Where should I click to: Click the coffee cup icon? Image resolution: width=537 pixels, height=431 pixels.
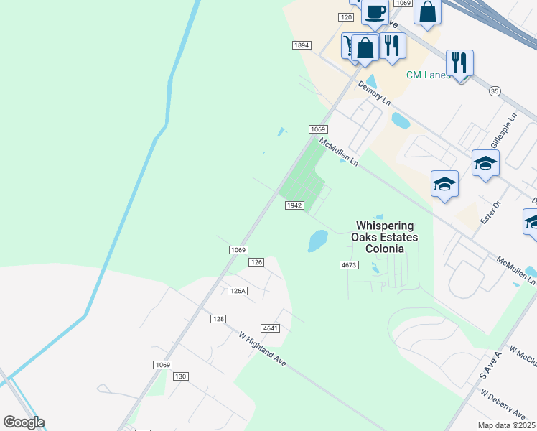[x=375, y=11]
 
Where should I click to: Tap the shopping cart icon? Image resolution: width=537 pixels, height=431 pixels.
[x=348, y=46]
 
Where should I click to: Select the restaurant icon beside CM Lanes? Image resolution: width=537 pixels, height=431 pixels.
[x=459, y=62]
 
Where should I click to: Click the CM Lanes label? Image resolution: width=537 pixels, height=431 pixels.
[x=428, y=75]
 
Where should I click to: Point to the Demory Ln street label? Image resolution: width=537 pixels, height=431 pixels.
[x=374, y=92]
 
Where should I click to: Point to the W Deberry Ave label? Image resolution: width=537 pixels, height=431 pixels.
[x=505, y=404]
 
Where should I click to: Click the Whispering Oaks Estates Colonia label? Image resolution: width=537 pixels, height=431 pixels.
[x=384, y=237]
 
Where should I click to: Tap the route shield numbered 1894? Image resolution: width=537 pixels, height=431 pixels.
[x=302, y=45]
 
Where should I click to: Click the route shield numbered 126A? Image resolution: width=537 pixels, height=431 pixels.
[x=238, y=291]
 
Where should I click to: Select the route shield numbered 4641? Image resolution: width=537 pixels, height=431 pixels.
[x=271, y=328]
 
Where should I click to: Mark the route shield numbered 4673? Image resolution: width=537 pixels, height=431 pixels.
[x=349, y=265]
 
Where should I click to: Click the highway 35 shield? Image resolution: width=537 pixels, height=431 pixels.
[x=494, y=91]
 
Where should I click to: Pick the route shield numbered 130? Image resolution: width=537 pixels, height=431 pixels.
[x=180, y=376]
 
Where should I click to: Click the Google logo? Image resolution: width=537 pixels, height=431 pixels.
[x=24, y=422]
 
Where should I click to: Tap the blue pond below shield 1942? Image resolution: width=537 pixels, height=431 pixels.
[x=317, y=241]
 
